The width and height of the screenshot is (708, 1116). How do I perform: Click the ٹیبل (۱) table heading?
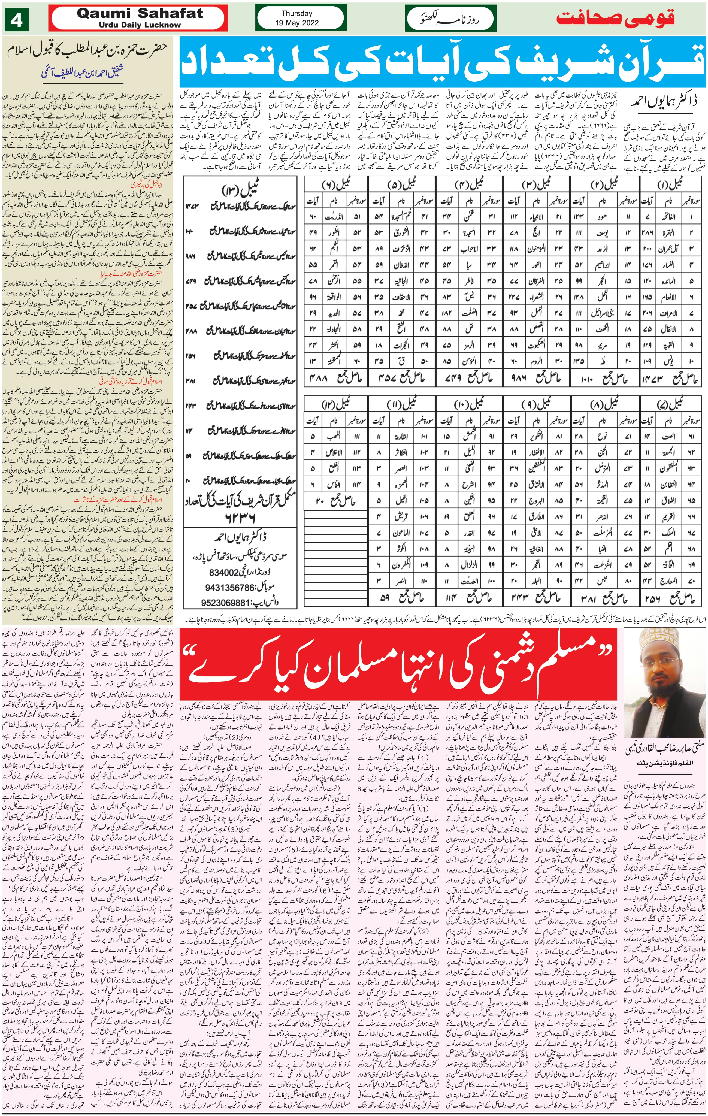click(x=670, y=186)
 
